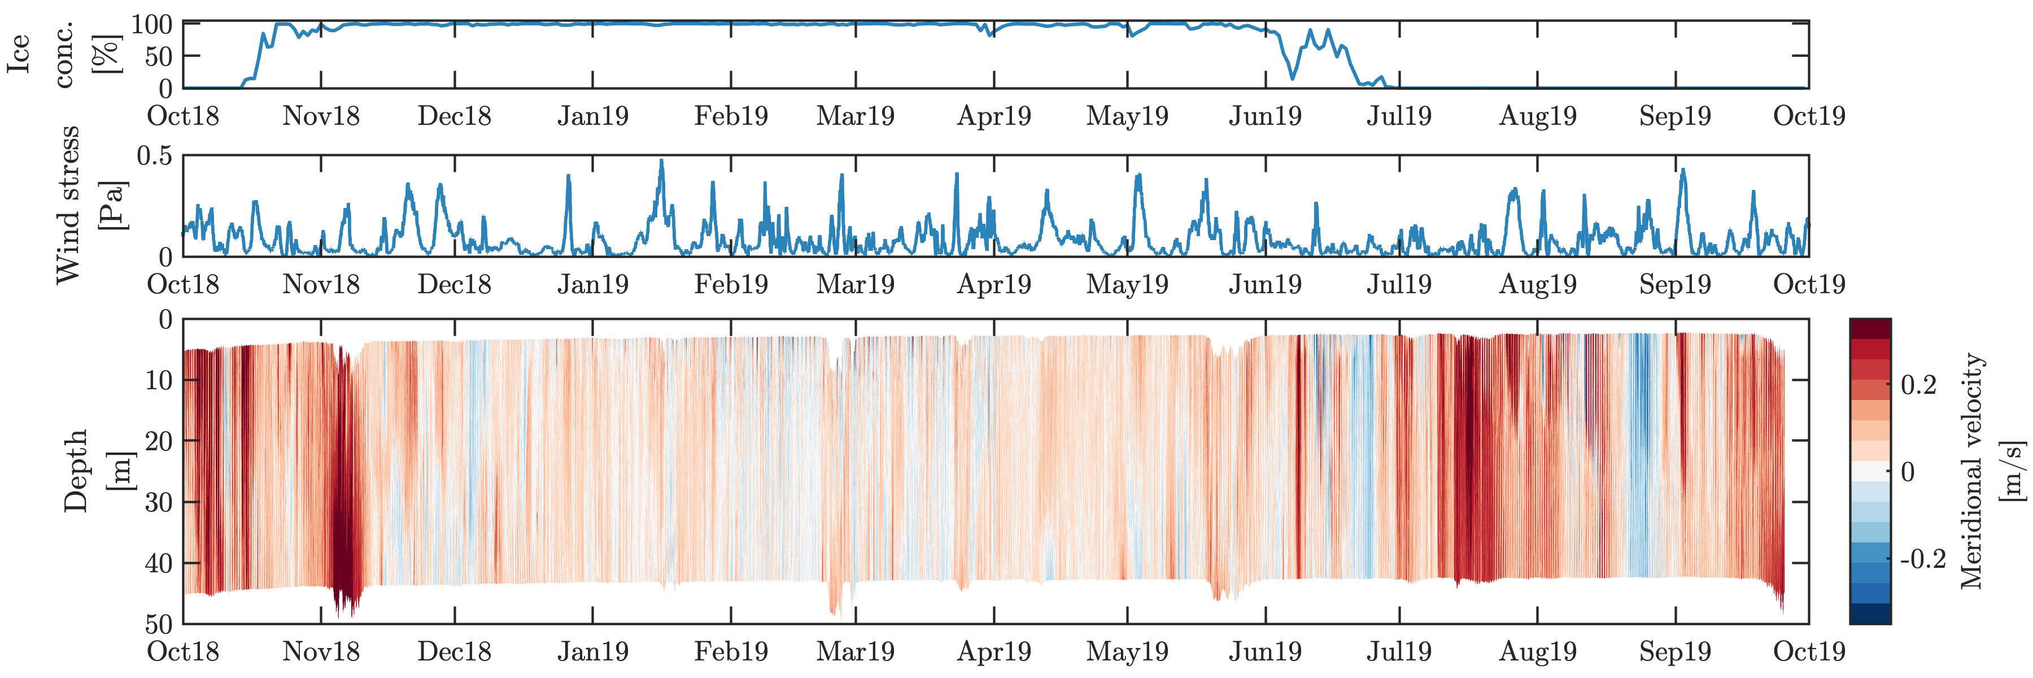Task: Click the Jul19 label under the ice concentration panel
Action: click(x=1398, y=116)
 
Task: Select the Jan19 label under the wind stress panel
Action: click(x=593, y=284)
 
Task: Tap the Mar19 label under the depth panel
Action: click(x=855, y=652)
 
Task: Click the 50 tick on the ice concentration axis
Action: click(x=158, y=57)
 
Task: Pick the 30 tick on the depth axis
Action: click(x=159, y=502)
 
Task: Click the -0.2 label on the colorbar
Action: click(x=1922, y=559)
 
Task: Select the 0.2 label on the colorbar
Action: click(x=1918, y=385)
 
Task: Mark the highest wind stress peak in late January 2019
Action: click(x=661, y=161)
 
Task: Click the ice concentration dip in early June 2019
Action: click(x=1292, y=77)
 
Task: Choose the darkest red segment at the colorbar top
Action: click(x=1870, y=328)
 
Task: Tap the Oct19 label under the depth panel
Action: click(x=1809, y=652)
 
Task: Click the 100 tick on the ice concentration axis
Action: click(x=151, y=24)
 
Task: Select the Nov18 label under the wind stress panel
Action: click(x=320, y=284)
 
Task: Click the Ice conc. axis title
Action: click(x=63, y=54)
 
